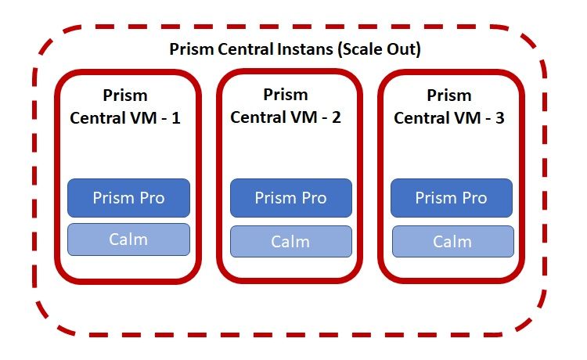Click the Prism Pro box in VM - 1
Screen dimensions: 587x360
pyautogui.click(x=128, y=198)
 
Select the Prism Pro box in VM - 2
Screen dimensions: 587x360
pyautogui.click(x=291, y=198)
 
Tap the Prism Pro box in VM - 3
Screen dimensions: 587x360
pyautogui.click(x=452, y=198)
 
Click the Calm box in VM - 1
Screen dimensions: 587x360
pyautogui.click(x=128, y=239)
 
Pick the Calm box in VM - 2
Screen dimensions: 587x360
pyautogui.click(x=291, y=241)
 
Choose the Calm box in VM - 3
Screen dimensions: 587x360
pyautogui.click(x=453, y=241)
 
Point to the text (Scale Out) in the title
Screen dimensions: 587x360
pyautogui.click(x=380, y=49)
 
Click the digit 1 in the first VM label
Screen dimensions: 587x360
pyautogui.click(x=175, y=118)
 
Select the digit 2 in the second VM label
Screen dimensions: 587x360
pyautogui.click(x=337, y=117)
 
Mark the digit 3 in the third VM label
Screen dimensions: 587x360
pyautogui.click(x=500, y=118)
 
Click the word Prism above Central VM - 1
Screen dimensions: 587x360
pyautogui.click(x=125, y=95)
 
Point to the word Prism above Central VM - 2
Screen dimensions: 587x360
pyautogui.click(x=286, y=95)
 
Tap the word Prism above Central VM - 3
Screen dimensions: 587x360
pyautogui.click(x=449, y=95)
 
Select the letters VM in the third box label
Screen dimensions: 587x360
pyautogui.click(x=467, y=118)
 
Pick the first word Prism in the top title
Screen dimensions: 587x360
pyautogui.click(x=192, y=49)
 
